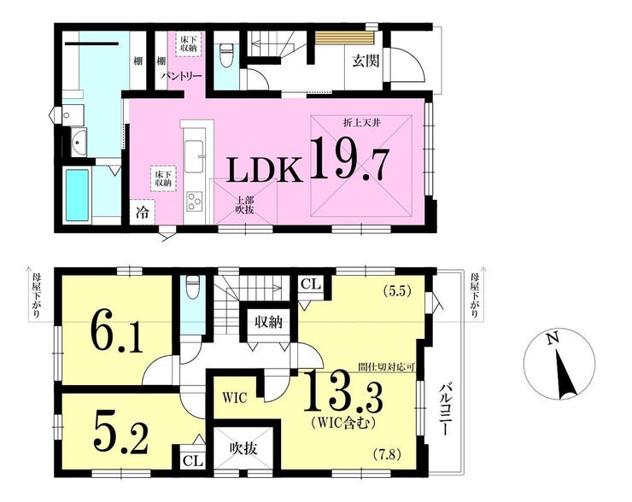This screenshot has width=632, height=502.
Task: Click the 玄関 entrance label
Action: pyautogui.click(x=366, y=61)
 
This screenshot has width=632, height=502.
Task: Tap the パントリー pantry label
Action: pyautogui.click(x=182, y=76)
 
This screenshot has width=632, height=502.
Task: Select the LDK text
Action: pyautogui.click(x=265, y=169)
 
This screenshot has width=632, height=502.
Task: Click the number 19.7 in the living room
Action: pyautogui.click(x=350, y=158)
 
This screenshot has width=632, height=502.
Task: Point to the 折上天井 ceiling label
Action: pyautogui.click(x=361, y=123)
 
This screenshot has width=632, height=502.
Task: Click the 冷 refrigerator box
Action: pyautogui.click(x=142, y=212)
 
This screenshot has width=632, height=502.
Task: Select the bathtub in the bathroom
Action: pyautogui.click(x=77, y=195)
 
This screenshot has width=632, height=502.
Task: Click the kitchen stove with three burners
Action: pyautogui.click(x=195, y=201)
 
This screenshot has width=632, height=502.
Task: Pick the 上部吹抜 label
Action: pyautogui.click(x=244, y=204)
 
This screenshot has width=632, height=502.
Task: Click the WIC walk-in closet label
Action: pyautogui.click(x=235, y=398)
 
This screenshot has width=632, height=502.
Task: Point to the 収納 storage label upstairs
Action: pyautogui.click(x=268, y=322)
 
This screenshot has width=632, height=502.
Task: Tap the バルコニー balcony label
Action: pyautogui.click(x=444, y=410)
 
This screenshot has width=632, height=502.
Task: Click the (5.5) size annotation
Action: pyautogui.click(x=397, y=292)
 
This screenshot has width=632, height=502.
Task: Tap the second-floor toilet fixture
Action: pyautogui.click(x=193, y=287)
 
